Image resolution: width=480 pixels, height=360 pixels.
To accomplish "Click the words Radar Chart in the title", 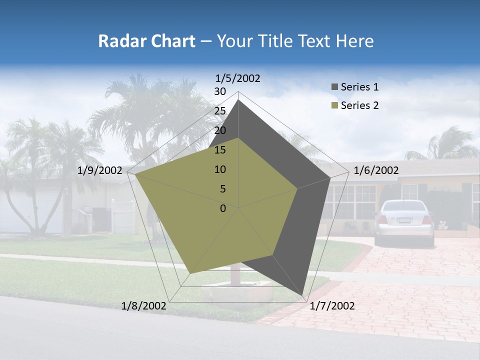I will tap(146, 41).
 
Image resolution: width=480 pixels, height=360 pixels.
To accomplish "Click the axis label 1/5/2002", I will tap(238, 78).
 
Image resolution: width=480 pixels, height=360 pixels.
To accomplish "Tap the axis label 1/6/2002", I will tap(376, 170).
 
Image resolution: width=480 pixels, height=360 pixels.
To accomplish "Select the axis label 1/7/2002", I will tap(332, 306).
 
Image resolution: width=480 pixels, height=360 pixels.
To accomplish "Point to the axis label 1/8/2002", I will tap(144, 306).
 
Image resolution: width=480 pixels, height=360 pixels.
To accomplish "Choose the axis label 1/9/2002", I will tap(100, 170).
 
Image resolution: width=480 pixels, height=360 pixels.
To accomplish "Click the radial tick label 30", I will tap(220, 91).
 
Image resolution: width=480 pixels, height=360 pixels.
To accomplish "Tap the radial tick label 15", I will tap(220, 150).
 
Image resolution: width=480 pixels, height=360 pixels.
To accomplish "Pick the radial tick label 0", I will tap(223, 208).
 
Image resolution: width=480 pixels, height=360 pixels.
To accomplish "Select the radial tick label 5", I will tap(223, 189).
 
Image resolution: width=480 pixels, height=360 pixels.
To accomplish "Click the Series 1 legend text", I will tap(359, 87).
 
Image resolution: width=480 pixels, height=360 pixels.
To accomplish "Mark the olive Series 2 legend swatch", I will tap(334, 105).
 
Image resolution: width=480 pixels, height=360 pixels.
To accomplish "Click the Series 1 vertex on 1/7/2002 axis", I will tap(303, 296).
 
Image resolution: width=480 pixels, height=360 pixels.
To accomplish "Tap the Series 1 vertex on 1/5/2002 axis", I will tap(238, 100).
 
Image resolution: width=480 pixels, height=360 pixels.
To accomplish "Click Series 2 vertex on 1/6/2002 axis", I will tap(297, 188).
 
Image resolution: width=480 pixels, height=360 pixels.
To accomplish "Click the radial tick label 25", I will tap(220, 111).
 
